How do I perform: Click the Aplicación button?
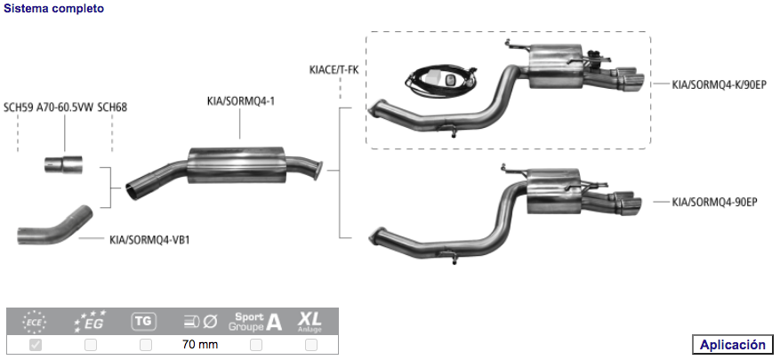coord(732,345)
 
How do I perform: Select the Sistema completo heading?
coord(53,9)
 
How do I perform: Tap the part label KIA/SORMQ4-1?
coord(241,101)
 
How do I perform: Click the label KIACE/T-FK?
coord(334,70)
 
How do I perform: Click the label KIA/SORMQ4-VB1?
coord(149,240)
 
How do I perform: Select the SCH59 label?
coord(19,108)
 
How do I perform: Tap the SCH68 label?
coord(112,108)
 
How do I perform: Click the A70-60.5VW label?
coord(65,108)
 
